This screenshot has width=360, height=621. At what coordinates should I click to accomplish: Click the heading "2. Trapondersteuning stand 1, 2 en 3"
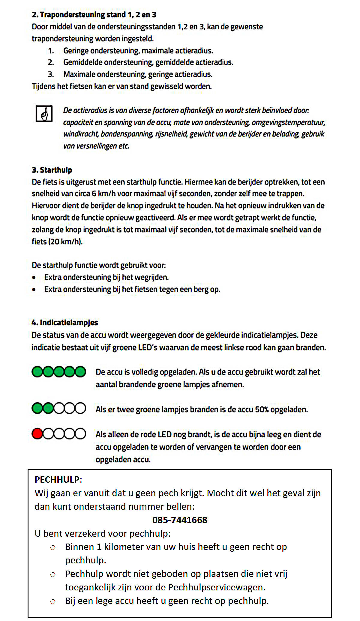click(94, 15)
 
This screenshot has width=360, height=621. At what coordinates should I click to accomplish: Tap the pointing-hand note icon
click(44, 114)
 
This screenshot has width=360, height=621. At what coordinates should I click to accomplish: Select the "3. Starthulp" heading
click(52, 170)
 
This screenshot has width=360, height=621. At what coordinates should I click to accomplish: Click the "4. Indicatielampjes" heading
click(65, 322)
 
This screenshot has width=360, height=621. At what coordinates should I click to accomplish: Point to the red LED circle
click(37, 434)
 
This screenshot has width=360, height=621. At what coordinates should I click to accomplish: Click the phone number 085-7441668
click(180, 520)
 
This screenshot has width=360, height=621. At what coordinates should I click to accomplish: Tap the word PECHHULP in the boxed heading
click(57, 480)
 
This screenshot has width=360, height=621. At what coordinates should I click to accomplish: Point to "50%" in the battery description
click(262, 409)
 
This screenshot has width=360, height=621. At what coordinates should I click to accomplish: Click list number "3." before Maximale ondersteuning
click(51, 74)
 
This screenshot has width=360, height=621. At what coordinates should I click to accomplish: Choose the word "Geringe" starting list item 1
click(76, 51)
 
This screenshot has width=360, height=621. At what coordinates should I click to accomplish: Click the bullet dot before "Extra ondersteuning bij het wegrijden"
click(34, 278)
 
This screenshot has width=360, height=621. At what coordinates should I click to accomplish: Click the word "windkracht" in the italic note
click(80, 134)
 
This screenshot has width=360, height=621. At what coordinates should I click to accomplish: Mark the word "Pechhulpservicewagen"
click(217, 587)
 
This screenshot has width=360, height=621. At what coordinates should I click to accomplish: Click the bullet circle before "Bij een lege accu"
click(53, 601)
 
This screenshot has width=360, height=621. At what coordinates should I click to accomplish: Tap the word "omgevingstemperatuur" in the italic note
click(288, 122)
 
